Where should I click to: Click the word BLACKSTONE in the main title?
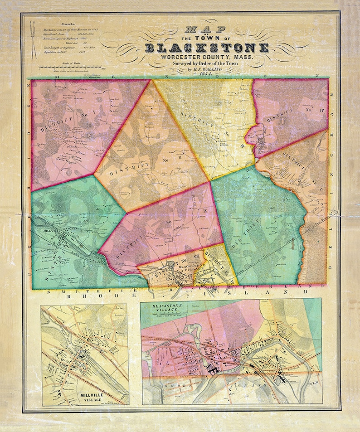pos(207,48)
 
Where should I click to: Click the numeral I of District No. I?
pos(93,110)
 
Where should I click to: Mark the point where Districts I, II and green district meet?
pos(94,174)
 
